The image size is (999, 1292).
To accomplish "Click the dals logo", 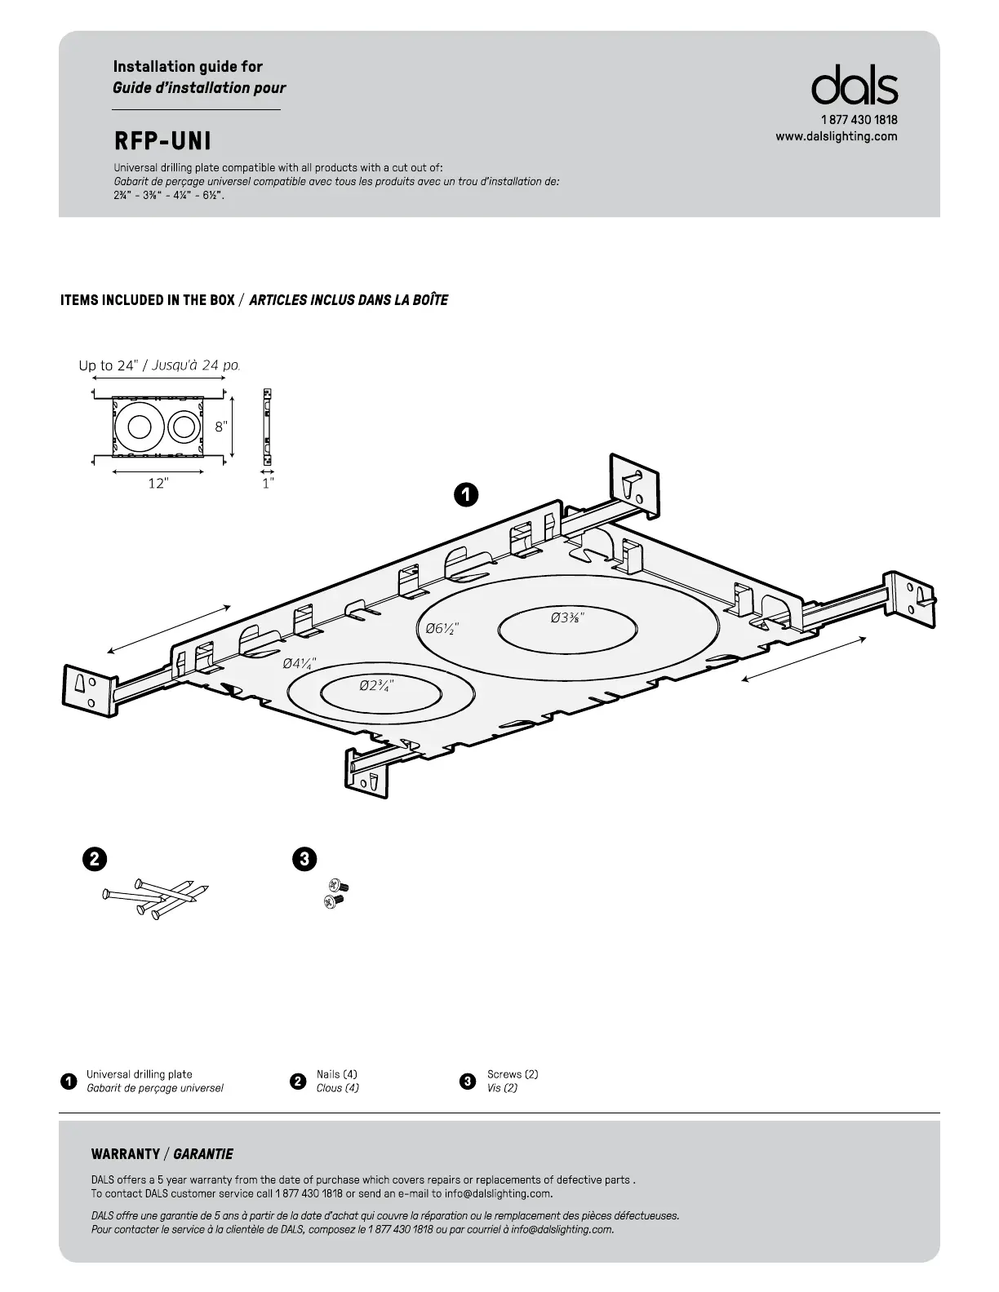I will [x=854, y=86].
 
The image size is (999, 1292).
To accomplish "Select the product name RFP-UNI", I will [x=162, y=141].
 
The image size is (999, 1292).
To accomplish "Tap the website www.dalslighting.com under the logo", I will [x=837, y=136].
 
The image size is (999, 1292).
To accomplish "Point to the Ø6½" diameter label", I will [x=442, y=628].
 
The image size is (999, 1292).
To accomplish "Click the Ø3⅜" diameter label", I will [x=567, y=617].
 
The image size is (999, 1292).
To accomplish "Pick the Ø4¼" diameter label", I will [x=300, y=663].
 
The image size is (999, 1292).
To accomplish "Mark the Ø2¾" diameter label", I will [x=377, y=685].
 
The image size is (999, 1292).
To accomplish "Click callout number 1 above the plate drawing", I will [x=466, y=493].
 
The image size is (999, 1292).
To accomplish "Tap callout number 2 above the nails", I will [x=95, y=858].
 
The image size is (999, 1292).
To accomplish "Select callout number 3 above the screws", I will [x=304, y=858].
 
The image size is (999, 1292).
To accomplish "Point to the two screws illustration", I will [x=334, y=893].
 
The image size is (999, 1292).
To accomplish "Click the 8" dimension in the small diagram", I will [x=221, y=426].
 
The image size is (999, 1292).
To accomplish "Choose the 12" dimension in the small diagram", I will [x=158, y=483].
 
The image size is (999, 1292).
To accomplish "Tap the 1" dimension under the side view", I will [x=268, y=483].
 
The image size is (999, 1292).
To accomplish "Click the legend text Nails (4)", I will [x=336, y=1074].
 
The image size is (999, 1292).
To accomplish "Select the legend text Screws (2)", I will [x=512, y=1074].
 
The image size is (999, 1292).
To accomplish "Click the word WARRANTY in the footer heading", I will [x=126, y=1154].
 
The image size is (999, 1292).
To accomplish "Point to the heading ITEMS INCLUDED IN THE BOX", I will [x=148, y=300].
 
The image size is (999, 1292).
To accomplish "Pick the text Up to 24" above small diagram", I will [x=108, y=365].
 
